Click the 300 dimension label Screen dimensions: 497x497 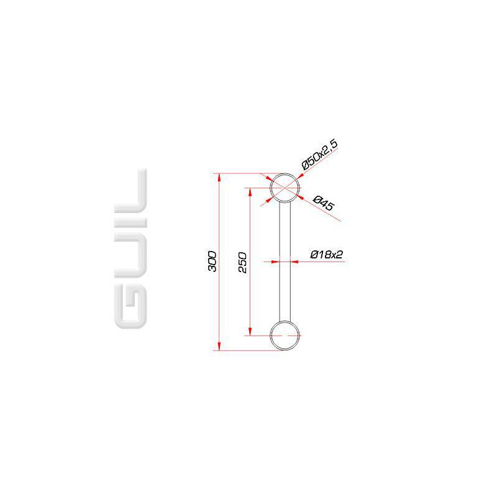point(212,261)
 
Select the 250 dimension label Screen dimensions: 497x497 point(242,262)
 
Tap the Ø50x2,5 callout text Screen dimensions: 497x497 point(319,154)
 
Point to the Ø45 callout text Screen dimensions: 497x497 point(323,203)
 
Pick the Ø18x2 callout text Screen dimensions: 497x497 point(327,255)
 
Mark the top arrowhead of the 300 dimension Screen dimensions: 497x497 point(219,178)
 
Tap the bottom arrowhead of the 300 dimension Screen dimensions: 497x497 point(219,346)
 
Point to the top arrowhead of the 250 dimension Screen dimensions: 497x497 point(250,193)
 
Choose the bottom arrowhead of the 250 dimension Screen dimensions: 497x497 point(250,331)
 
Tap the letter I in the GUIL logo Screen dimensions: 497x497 point(130,223)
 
